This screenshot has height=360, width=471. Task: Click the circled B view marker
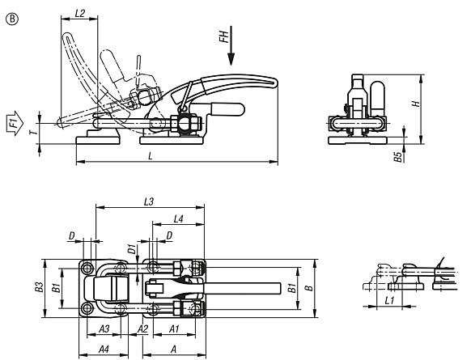[11, 19]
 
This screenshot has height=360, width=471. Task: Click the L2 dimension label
[80, 13]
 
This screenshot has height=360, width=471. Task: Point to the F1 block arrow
[15, 123]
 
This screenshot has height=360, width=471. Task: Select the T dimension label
[36, 131]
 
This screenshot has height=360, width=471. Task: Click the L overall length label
[151, 155]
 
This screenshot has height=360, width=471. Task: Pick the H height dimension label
[416, 104]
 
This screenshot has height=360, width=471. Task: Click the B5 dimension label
[397, 157]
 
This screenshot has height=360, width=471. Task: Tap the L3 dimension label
[149, 201]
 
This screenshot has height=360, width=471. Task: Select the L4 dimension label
[178, 219]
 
